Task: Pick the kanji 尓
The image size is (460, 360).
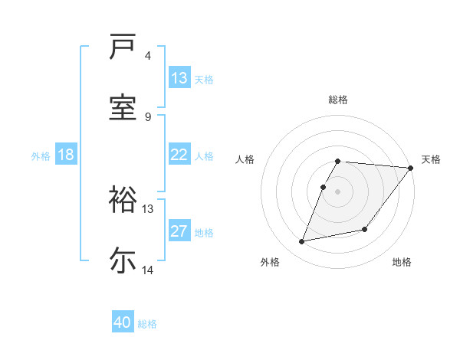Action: (x=123, y=260)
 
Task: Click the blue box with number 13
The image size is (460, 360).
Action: (x=179, y=78)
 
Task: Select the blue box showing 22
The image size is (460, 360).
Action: (x=179, y=155)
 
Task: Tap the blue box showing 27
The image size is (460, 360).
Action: (x=179, y=232)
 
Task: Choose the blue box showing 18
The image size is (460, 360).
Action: (x=66, y=155)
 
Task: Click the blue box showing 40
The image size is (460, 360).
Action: (x=123, y=322)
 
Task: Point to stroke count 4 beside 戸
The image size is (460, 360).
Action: (x=148, y=56)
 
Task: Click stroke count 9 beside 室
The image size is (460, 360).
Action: (x=148, y=116)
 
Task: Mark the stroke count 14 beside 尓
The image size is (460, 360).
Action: (x=148, y=270)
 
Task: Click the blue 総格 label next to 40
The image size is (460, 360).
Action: (x=147, y=324)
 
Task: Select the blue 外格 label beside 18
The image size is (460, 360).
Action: (x=41, y=156)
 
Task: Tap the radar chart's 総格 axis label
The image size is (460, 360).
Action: (x=338, y=100)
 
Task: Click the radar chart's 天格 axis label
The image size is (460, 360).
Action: (x=431, y=159)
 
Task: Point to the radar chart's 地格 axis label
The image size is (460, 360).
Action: (x=402, y=262)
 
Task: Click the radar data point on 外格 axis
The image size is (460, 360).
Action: (x=302, y=241)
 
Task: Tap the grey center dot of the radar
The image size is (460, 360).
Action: (x=338, y=191)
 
